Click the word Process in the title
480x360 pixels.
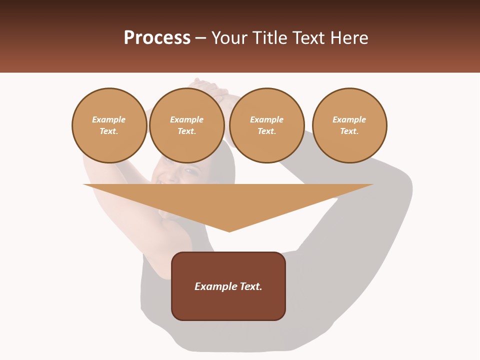click(157, 38)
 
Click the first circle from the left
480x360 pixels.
click(109, 125)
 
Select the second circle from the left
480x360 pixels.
click(186, 125)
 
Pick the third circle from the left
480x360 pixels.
click(266, 125)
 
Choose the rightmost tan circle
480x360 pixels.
click(349, 125)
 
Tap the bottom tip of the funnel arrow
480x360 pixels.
click(229, 231)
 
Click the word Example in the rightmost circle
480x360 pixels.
click(349, 119)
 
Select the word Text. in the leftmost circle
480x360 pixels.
click(109, 131)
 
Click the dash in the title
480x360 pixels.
click(200, 38)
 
